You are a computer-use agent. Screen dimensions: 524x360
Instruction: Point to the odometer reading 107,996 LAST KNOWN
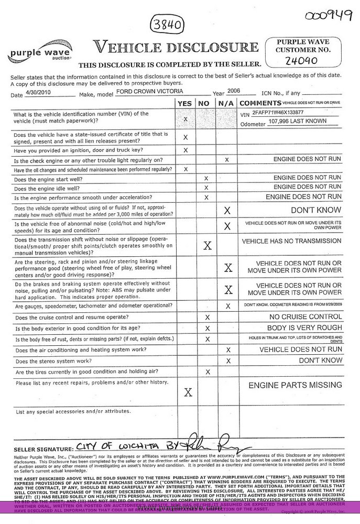click(x=297, y=121)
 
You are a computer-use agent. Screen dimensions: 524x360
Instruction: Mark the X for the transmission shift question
click(x=207, y=245)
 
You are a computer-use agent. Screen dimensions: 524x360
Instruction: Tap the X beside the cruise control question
click(x=207, y=317)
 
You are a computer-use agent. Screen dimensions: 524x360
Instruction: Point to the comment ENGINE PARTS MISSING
click(x=295, y=385)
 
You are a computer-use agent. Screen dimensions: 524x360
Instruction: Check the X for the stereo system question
click(x=227, y=361)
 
